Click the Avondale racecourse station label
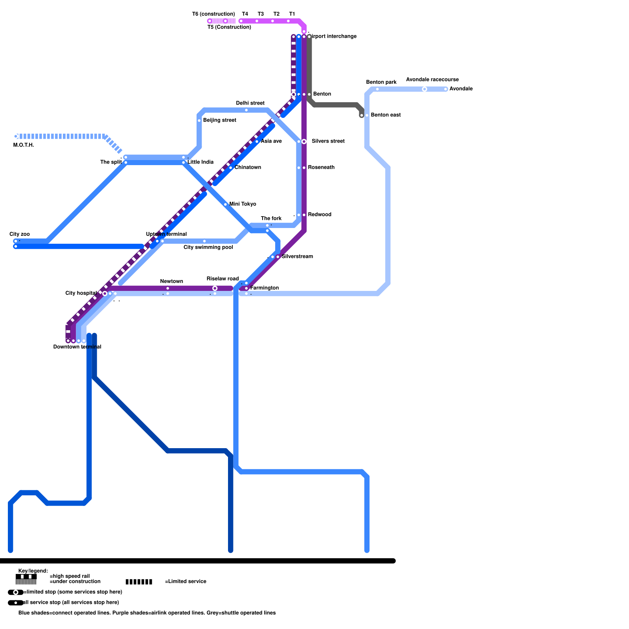coord(432,79)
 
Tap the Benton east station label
coord(386,115)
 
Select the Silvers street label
coord(328,141)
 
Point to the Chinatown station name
coord(248,167)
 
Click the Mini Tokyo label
coord(243,204)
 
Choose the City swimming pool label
coord(208,247)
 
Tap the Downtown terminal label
coord(77,347)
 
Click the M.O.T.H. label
coord(24,145)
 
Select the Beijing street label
coord(219,120)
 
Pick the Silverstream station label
coord(297,257)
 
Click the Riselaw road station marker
coord(215,289)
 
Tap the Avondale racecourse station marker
coord(425,89)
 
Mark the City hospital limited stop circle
coord(105,293)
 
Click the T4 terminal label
coord(245,14)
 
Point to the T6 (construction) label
coord(213,14)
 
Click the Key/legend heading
coord(33,571)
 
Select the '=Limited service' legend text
coord(186,581)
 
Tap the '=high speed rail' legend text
coord(70,576)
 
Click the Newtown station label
coord(171,281)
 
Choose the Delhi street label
coord(250,103)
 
